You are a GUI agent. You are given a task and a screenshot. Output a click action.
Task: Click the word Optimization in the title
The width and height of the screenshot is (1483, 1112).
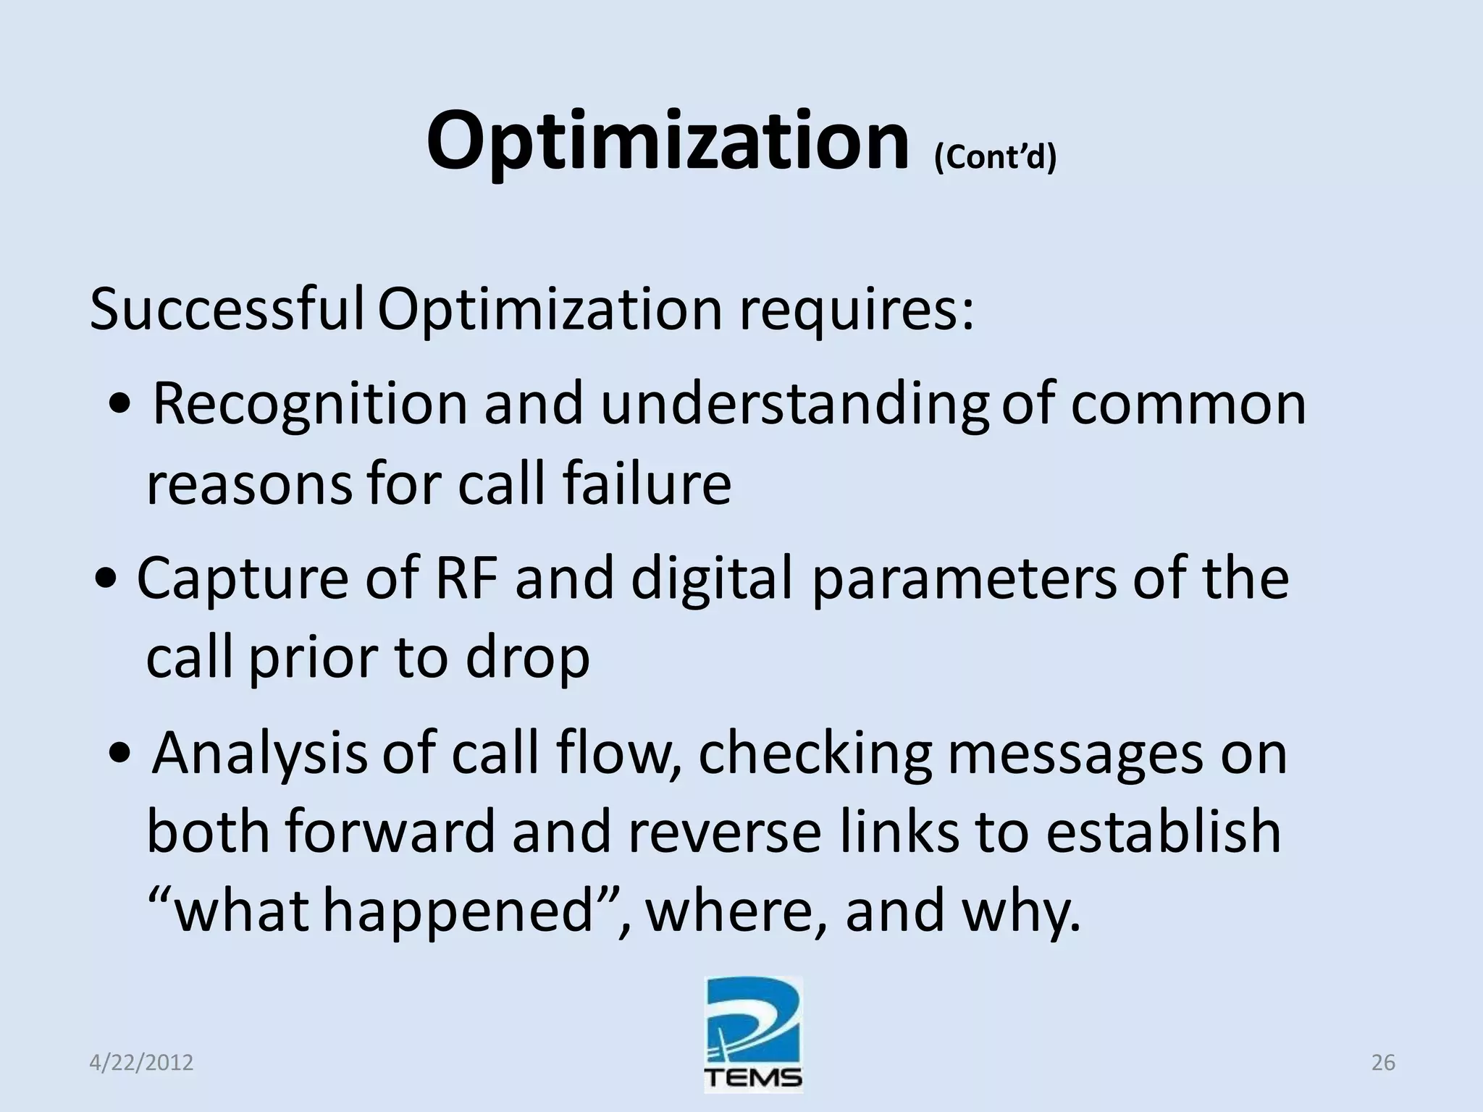(x=666, y=141)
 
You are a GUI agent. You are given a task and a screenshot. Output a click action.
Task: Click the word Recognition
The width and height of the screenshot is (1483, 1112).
(x=310, y=403)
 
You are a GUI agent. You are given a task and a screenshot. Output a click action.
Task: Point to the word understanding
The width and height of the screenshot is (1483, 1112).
(x=794, y=405)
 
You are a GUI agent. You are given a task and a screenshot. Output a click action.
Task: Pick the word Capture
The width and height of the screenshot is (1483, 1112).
(x=243, y=578)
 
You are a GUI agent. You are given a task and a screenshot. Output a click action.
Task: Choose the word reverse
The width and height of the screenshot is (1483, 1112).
(x=724, y=832)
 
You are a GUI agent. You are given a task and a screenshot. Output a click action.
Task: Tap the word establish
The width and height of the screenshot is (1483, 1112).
(x=1163, y=832)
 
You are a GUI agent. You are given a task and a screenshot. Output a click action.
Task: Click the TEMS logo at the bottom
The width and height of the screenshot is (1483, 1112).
(x=753, y=1035)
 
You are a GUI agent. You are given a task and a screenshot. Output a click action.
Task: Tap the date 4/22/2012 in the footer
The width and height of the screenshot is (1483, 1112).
(x=141, y=1063)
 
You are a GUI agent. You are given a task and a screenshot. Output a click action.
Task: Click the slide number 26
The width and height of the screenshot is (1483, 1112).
(x=1383, y=1063)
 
